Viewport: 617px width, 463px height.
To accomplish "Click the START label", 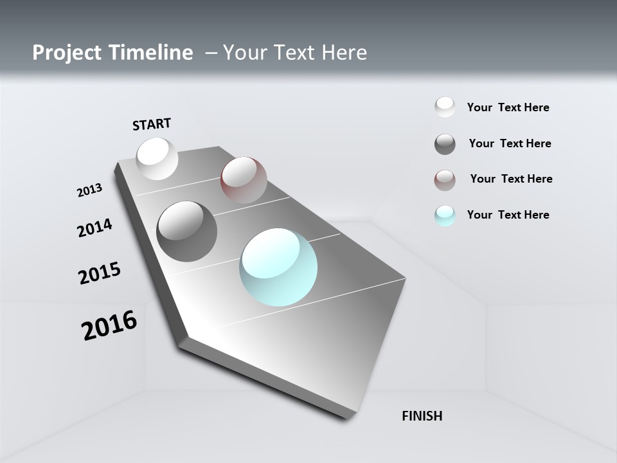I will coord(152,124).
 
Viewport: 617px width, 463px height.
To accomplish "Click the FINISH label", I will coord(422,416).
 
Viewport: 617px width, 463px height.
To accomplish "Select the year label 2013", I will coord(89,190).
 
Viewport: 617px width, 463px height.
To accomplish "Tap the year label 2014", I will coord(94,228).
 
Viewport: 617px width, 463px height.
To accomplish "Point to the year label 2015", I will coord(99,273).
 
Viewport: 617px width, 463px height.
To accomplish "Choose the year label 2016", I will coord(109,325).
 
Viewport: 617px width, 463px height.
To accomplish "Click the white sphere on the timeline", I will coord(157,158).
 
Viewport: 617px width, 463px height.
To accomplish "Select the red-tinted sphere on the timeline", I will coord(244,179).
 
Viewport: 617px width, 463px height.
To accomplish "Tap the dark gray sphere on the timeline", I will coord(186,232).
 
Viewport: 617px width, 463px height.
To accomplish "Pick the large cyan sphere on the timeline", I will coord(278,267).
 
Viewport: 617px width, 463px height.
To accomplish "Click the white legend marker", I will coord(445,107).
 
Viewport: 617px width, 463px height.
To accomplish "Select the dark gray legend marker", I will coord(445,144).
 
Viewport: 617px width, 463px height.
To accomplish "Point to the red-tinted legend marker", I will coord(445,180).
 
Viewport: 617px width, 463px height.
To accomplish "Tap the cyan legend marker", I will coord(445,215).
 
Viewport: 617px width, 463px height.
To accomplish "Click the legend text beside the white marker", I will coord(508,107).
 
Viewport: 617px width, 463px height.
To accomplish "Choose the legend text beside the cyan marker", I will coord(508,215).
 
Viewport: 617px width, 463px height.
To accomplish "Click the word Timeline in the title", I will coord(152,53).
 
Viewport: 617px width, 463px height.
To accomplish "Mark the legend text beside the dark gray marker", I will coord(510,143).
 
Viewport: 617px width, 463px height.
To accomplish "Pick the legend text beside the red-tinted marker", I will coord(511,179).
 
